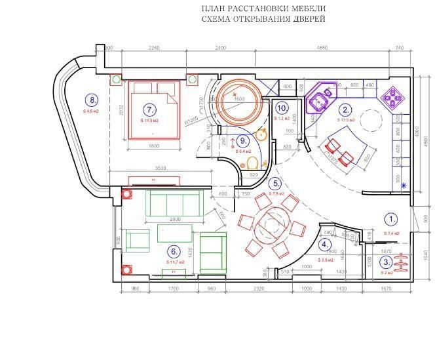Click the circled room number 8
pyautogui.click(x=92, y=100)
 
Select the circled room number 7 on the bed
pyautogui.click(x=151, y=109)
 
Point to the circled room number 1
pyautogui.click(x=391, y=221)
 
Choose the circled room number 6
pyautogui.click(x=174, y=250)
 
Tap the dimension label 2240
pyautogui.click(x=155, y=49)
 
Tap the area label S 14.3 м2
pyautogui.click(x=151, y=121)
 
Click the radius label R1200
pyautogui.click(x=191, y=121)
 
